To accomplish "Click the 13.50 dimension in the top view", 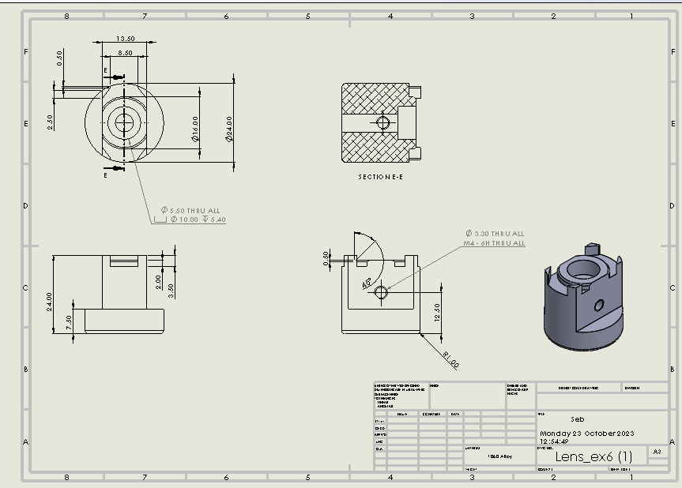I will (x=125, y=39).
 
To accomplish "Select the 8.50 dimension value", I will (x=125, y=52).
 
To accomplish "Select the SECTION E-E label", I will (x=380, y=177).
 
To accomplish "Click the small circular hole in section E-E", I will (x=383, y=122).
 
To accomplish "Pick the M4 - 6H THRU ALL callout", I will (x=494, y=243).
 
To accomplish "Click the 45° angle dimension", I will (x=367, y=283).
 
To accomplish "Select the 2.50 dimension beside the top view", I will (x=49, y=122).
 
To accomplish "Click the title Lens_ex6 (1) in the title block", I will (x=593, y=456).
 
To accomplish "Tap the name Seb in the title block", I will (x=578, y=419).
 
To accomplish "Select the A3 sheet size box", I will (x=656, y=452).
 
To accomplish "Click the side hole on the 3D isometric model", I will (x=599, y=305).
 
